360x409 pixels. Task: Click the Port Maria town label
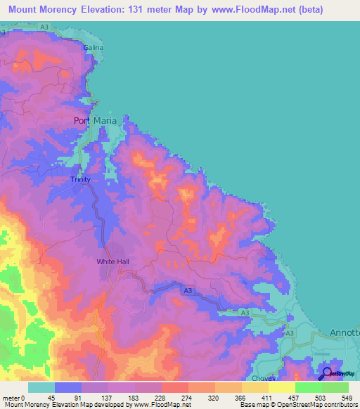pos(99,120)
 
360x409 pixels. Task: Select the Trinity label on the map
pos(81,180)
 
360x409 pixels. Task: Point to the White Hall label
pos(112,261)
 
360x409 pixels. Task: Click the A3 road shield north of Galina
pos(44,27)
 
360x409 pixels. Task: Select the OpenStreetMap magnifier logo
pos(328,374)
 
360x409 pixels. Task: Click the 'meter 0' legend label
pos(13,397)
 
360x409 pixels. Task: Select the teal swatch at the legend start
pos(41,387)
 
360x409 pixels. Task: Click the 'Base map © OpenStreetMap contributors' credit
pos(300,405)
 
